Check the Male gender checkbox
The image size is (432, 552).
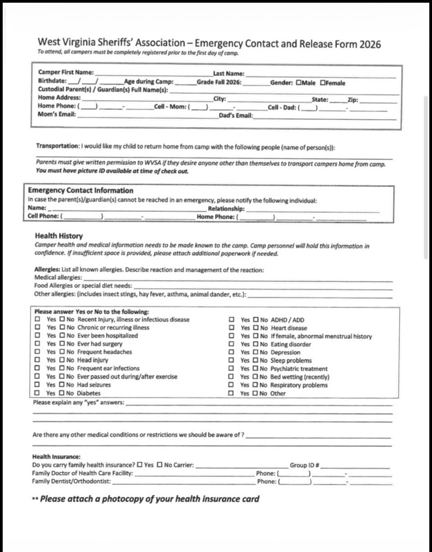(x=298, y=83)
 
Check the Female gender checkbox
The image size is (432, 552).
(x=323, y=83)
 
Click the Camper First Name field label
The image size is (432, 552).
(x=66, y=72)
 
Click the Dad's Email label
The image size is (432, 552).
(x=235, y=115)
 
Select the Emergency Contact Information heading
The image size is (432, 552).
(x=80, y=190)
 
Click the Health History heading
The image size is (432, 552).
(x=59, y=236)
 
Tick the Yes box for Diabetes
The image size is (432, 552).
(x=38, y=394)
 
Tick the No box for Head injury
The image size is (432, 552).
(x=62, y=361)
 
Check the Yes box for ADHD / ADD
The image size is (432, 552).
(x=231, y=320)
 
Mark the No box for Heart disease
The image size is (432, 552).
(x=256, y=328)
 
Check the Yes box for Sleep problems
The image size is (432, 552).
(x=231, y=361)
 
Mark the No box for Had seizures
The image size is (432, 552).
(x=62, y=385)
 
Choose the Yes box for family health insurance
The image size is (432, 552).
(x=140, y=465)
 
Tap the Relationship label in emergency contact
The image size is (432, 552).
(x=226, y=209)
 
